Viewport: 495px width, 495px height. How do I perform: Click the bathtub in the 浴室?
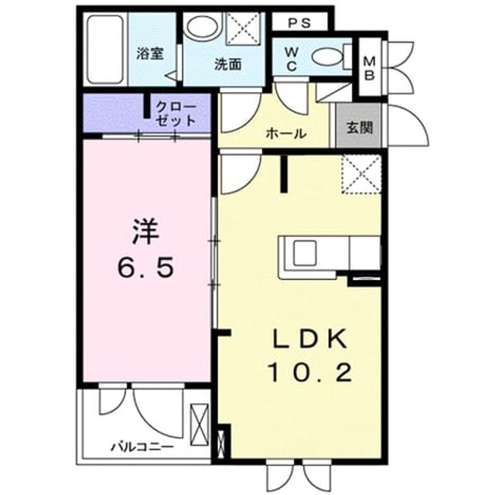[105, 49]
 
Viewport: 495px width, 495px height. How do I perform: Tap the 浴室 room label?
[150, 53]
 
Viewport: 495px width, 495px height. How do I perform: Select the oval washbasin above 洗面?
[203, 26]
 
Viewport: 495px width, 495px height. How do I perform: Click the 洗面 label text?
[228, 64]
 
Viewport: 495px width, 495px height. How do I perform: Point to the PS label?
[299, 23]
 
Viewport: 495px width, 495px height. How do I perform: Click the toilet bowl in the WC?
[327, 57]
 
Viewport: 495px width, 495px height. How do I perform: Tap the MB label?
[370, 68]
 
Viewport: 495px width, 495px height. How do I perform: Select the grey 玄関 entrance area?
[359, 125]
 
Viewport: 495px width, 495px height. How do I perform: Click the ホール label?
[285, 134]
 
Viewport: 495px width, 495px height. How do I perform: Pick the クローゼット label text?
[176, 114]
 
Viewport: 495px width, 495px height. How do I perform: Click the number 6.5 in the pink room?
[146, 267]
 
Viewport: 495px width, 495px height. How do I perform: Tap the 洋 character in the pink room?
[146, 232]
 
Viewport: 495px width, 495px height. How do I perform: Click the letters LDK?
[309, 339]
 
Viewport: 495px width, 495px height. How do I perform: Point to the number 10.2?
[310, 372]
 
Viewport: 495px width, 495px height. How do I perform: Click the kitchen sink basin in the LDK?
[305, 253]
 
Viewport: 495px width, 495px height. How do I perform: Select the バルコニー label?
[142, 447]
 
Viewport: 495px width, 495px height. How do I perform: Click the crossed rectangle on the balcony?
[200, 425]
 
